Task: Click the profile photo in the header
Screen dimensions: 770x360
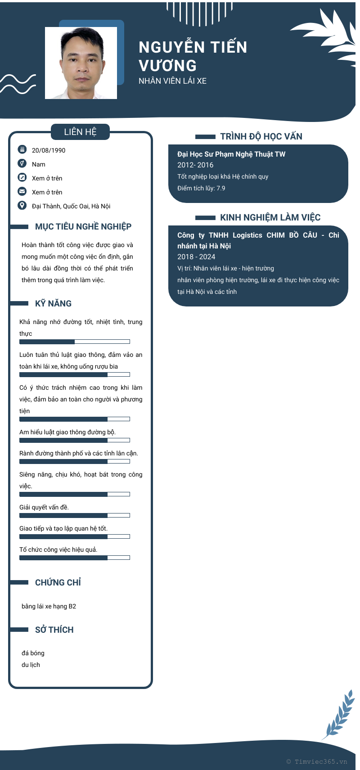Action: [81, 63]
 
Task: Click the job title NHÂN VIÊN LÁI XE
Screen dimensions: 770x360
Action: [172, 81]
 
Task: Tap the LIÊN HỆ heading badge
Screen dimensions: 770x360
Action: [80, 132]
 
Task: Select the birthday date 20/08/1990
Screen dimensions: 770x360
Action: [49, 150]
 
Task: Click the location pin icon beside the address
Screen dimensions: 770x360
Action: [22, 206]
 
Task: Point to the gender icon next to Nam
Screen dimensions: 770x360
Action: [22, 163]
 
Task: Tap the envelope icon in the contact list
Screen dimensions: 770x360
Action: [22, 191]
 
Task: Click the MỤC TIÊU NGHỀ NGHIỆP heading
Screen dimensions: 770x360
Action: [83, 227]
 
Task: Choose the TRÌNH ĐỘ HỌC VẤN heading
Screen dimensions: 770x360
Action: [261, 136]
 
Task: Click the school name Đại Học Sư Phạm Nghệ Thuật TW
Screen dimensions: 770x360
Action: [231, 154]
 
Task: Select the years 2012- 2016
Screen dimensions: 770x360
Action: [195, 165]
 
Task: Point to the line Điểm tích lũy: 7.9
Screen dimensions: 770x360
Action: [201, 188]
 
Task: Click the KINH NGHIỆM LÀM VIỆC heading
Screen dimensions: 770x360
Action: [270, 217]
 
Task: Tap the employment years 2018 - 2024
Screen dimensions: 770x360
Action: [196, 257]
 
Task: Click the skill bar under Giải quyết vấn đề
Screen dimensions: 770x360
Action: [75, 515]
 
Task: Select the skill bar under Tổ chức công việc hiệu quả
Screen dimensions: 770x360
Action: [75, 558]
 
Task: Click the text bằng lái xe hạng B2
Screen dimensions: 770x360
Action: [49, 606]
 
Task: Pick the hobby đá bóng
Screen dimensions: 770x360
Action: [33, 653]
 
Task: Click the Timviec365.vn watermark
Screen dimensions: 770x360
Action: [317, 762]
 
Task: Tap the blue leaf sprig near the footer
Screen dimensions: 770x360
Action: [340, 715]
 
